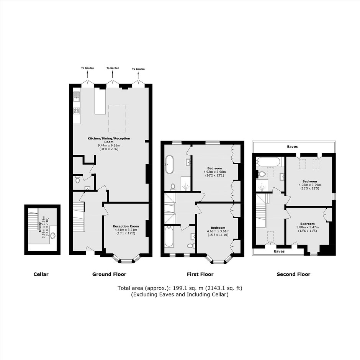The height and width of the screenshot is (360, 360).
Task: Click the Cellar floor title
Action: click(41, 274)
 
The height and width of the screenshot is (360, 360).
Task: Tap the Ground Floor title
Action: click(109, 274)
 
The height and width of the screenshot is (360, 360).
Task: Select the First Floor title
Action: click(200, 274)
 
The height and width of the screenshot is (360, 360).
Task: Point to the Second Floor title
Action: click(293, 274)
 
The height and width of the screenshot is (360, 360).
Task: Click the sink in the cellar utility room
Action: click(53, 236)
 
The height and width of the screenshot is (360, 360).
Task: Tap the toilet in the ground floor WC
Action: click(77, 180)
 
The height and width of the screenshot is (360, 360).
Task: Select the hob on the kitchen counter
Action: click(77, 111)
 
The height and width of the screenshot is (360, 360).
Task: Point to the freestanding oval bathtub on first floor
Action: click(169, 165)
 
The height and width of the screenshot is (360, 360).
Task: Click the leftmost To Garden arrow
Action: click(87, 74)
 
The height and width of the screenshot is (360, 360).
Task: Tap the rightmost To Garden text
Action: click(138, 69)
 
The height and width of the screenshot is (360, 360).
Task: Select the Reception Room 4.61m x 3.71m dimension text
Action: click(126, 230)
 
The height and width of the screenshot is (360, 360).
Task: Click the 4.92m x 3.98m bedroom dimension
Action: click(215, 172)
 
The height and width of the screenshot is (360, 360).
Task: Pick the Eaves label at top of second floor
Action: click(292, 146)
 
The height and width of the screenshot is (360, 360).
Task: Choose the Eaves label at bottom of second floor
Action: click(279, 251)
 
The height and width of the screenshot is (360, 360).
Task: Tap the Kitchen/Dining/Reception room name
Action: click(109, 140)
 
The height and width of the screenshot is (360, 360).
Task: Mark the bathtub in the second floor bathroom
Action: click(268, 162)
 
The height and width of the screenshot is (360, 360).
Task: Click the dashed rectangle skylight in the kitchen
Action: click(117, 118)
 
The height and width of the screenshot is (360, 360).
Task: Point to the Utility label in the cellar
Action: click(40, 227)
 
